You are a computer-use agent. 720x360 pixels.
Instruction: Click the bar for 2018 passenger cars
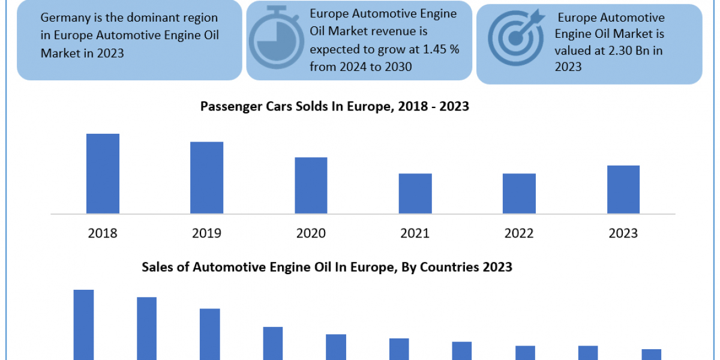[x=103, y=173]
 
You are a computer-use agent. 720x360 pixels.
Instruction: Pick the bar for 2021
[x=415, y=193]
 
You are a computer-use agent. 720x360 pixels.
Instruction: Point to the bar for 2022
[x=519, y=193]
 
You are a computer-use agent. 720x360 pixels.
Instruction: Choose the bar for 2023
[x=623, y=189]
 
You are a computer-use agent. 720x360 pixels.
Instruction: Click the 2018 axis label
[x=103, y=233]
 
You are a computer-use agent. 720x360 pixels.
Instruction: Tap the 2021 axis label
[x=415, y=233]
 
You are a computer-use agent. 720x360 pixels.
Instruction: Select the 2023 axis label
[x=623, y=233]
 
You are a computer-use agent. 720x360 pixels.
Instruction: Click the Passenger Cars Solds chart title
[x=334, y=107]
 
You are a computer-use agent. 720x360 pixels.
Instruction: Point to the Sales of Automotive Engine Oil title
[x=327, y=267]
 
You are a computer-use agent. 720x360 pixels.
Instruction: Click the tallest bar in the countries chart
[x=83, y=324]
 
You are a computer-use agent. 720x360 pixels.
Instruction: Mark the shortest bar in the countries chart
[x=651, y=354]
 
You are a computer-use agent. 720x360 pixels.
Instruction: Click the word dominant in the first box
[x=148, y=19]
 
